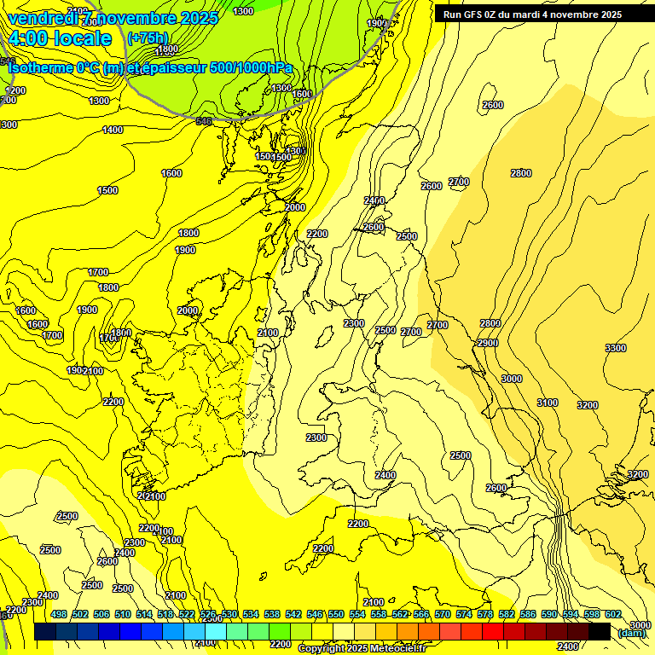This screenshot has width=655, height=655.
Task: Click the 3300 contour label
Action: pos(615,348)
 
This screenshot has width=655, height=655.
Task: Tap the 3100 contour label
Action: pos(548,403)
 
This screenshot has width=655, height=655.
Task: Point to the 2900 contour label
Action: pos(487,343)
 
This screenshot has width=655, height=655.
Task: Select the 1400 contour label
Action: pos(113,130)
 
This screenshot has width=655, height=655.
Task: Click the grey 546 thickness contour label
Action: pos(203,121)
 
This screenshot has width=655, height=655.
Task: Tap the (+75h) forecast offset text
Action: pos(148,38)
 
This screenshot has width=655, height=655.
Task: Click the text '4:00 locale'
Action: pos(60,38)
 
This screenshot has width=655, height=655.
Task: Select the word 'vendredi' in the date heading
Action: pos(43,17)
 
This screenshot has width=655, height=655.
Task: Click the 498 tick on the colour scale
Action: pos(59,614)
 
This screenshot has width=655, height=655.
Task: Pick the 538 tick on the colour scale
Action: pos(272,614)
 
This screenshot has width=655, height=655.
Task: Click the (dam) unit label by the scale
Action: pos(631,633)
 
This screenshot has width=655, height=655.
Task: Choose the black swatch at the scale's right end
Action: pos(600,631)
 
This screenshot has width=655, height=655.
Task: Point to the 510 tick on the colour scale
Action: pos(123,614)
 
